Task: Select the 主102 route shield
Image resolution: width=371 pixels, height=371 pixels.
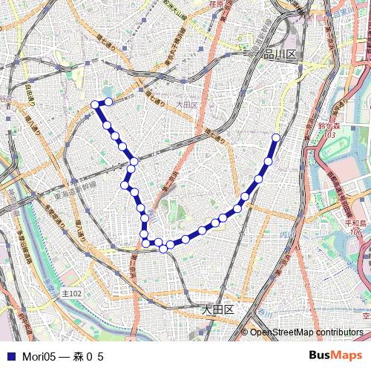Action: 72,294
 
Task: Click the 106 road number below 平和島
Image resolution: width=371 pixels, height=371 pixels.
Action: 356,232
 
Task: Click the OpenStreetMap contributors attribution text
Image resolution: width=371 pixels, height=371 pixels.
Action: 306,332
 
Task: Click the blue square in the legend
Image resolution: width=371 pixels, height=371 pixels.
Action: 10,357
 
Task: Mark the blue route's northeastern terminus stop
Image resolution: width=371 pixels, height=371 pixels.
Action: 276,137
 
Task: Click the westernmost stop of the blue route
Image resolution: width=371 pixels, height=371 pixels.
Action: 94,105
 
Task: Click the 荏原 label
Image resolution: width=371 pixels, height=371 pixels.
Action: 217,4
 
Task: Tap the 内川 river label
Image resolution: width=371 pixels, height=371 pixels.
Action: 283,234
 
